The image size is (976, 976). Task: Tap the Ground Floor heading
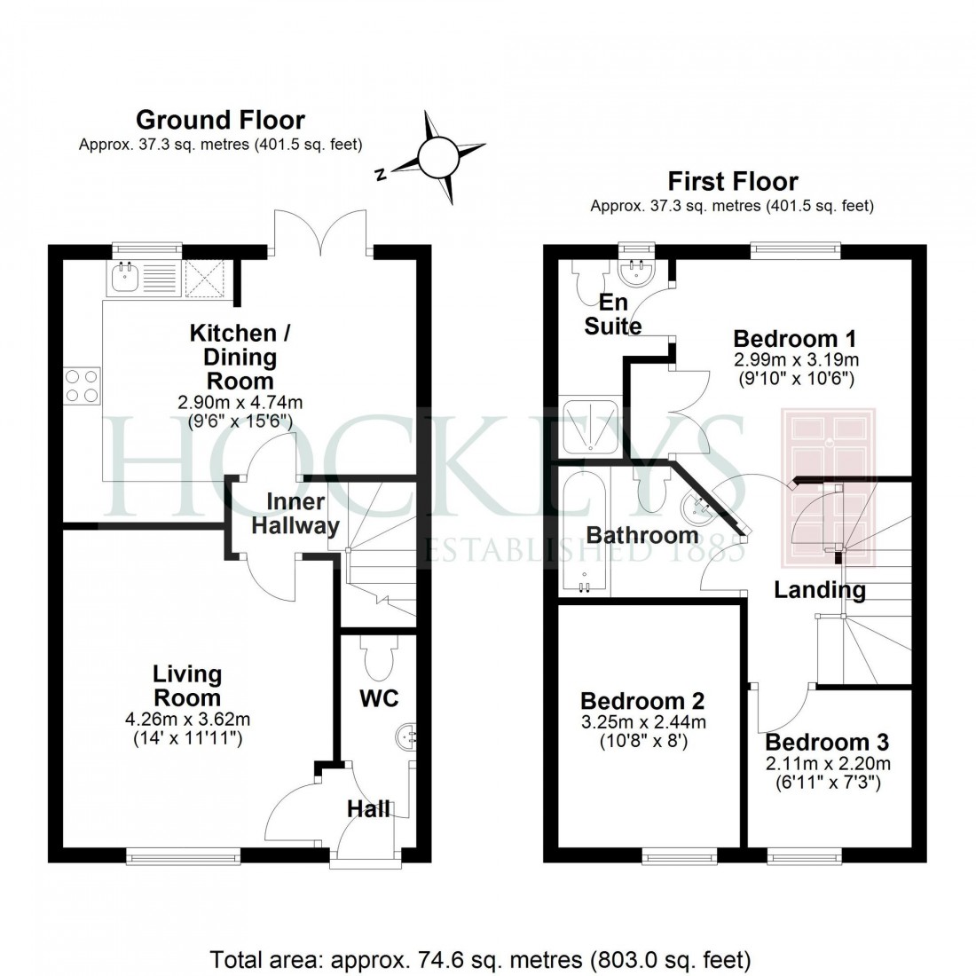coord(220,120)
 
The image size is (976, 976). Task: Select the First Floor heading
coord(733,182)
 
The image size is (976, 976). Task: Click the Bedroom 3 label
coord(827,742)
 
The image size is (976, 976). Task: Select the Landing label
coord(819,589)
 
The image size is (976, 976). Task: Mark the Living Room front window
coord(183,854)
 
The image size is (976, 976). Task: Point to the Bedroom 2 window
coord(680,854)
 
